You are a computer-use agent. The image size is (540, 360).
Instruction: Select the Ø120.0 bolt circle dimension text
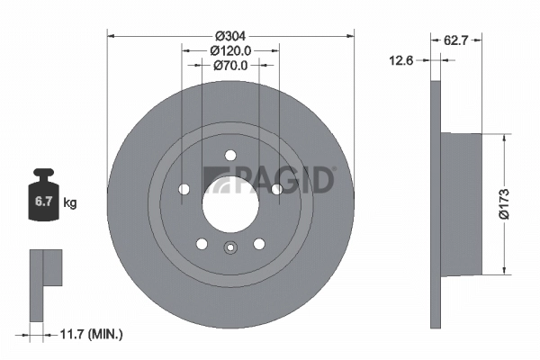pos(229,51)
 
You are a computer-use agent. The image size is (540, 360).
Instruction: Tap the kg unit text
pos(69,203)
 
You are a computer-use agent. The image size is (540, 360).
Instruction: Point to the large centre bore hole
pos(229,201)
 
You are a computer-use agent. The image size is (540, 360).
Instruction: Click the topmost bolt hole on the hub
pos(229,154)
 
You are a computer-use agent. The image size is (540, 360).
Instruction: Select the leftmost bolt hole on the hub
pos(184,189)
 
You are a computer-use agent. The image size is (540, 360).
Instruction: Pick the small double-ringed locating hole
pos(229,249)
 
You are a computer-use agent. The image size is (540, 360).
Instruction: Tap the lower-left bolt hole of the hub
pos(202,243)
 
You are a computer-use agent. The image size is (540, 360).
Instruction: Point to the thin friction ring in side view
pos(436,202)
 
